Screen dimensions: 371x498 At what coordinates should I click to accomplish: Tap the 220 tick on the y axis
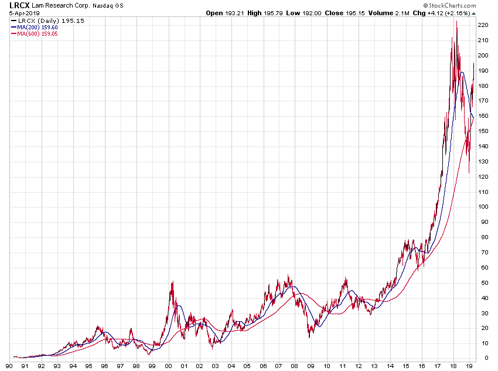483,25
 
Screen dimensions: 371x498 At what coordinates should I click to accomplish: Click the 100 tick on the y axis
483,207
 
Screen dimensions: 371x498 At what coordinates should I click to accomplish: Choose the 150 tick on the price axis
483,131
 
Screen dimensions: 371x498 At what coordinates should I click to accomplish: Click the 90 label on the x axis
9,366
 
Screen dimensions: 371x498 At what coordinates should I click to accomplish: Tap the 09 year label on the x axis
310,366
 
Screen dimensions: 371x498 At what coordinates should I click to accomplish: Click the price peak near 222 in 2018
456,22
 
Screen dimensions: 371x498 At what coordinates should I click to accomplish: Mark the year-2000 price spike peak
173,282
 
